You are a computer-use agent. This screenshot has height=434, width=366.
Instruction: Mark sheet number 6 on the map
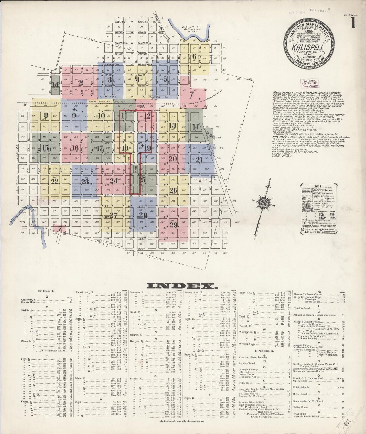pyautogui.click(x=194, y=56)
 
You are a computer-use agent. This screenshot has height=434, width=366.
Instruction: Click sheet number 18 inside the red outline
pyautogui.click(x=125, y=148)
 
